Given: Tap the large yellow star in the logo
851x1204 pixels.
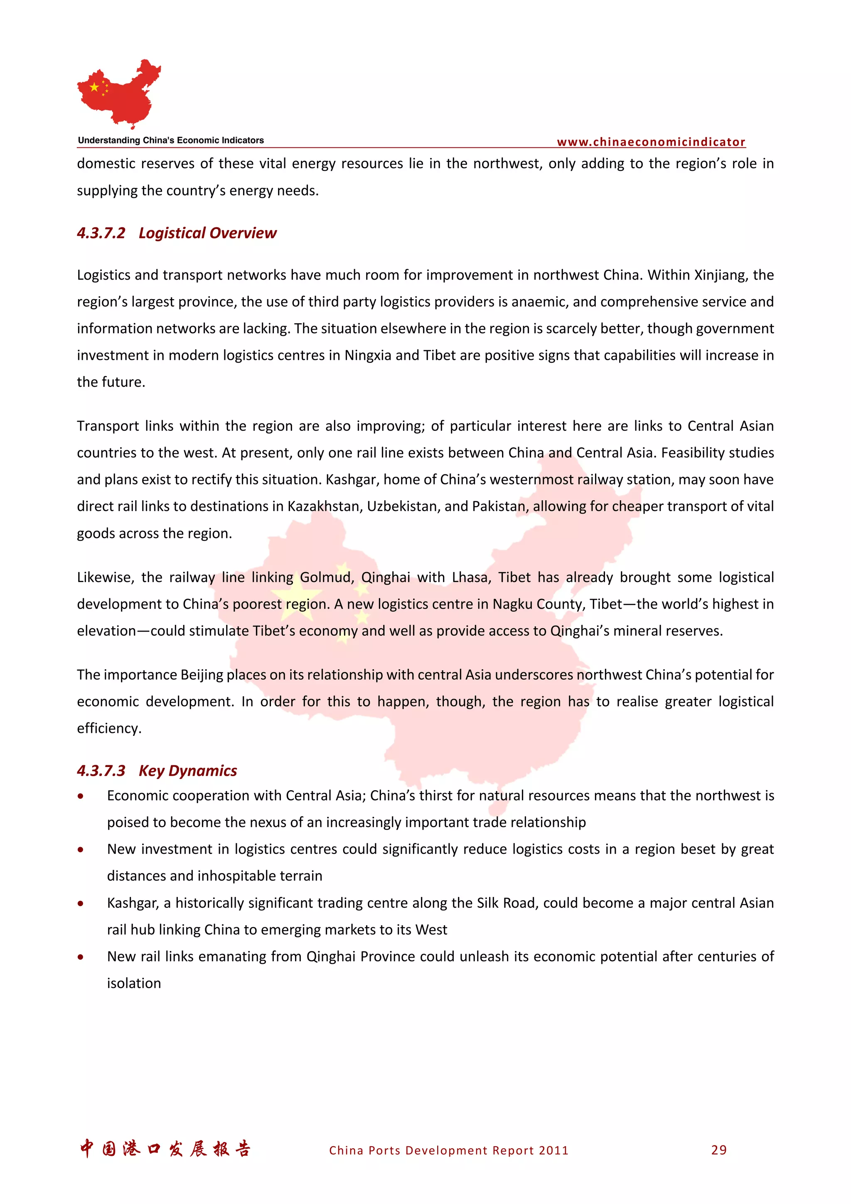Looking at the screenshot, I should [x=94, y=87].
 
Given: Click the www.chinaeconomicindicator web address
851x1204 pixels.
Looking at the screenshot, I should [x=651, y=142].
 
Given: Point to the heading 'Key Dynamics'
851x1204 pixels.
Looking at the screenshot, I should [x=188, y=770].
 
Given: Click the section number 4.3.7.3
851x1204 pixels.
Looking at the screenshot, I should [x=101, y=770].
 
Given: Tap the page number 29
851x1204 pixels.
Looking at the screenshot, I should [x=719, y=1150].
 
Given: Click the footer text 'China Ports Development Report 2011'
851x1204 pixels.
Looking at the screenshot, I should [x=448, y=1150].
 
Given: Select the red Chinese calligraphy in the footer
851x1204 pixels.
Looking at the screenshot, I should [x=165, y=1149].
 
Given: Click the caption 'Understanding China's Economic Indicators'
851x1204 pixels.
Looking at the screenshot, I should [x=171, y=140].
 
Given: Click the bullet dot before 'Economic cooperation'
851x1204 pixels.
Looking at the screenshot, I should [x=80, y=796].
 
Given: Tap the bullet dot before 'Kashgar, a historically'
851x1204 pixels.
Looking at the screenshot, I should [x=80, y=904].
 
